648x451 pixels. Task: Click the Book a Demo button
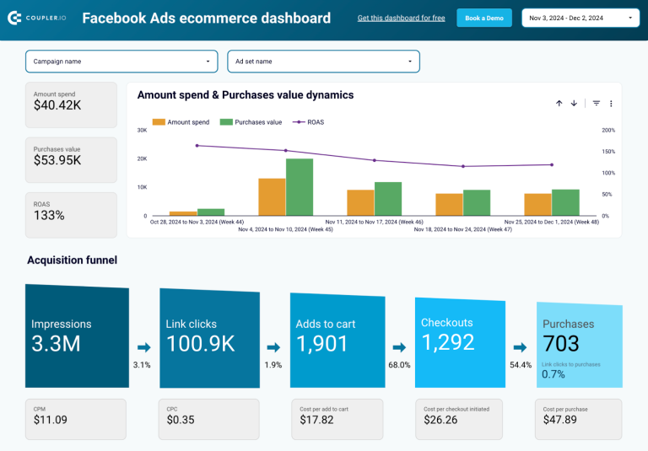point(484,18)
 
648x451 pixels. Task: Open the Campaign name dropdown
point(121,62)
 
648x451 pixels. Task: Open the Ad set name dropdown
point(323,62)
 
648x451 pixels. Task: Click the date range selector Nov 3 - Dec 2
point(580,18)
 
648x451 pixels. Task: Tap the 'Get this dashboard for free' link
point(401,18)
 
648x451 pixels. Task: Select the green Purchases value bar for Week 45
point(300,187)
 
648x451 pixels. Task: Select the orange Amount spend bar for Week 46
point(360,202)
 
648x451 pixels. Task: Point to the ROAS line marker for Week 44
point(197,146)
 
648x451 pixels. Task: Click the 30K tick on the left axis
point(142,130)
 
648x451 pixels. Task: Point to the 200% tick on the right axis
point(607,130)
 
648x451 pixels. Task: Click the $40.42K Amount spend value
point(57,106)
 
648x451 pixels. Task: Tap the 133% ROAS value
point(49,216)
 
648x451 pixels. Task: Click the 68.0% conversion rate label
point(399,365)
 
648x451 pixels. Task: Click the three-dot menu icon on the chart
point(611,104)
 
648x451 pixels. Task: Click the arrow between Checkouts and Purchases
point(521,346)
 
